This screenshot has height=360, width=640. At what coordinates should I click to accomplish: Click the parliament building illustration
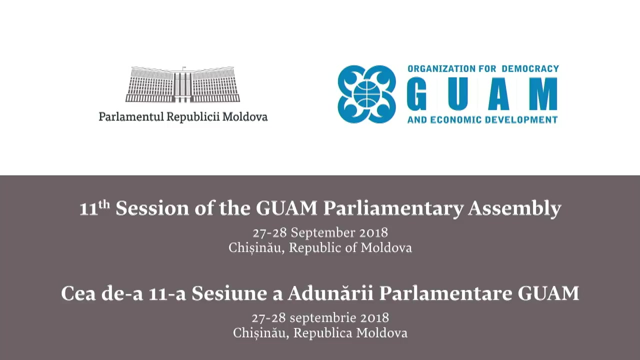click(x=183, y=84)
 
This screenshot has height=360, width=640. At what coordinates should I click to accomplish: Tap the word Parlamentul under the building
click(x=131, y=116)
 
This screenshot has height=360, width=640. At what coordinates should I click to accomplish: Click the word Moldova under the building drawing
click(x=245, y=116)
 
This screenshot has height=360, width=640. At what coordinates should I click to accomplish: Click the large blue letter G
click(x=417, y=93)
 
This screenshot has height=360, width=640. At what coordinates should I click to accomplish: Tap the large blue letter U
click(x=457, y=93)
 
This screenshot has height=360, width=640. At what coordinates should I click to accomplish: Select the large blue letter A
click(x=499, y=93)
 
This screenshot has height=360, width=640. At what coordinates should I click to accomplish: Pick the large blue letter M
click(x=543, y=93)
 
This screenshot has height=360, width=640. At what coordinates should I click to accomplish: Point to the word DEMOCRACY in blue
click(x=530, y=69)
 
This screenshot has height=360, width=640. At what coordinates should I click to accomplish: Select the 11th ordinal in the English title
click(x=94, y=207)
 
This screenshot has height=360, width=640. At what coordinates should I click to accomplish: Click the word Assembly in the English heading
click(x=514, y=209)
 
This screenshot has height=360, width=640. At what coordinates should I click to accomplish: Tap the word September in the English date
click(x=323, y=232)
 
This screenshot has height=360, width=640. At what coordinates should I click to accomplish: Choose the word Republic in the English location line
click(x=315, y=247)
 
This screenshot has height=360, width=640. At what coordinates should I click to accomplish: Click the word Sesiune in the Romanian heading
click(x=229, y=293)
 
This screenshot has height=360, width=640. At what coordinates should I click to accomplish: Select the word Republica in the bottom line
click(x=323, y=333)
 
